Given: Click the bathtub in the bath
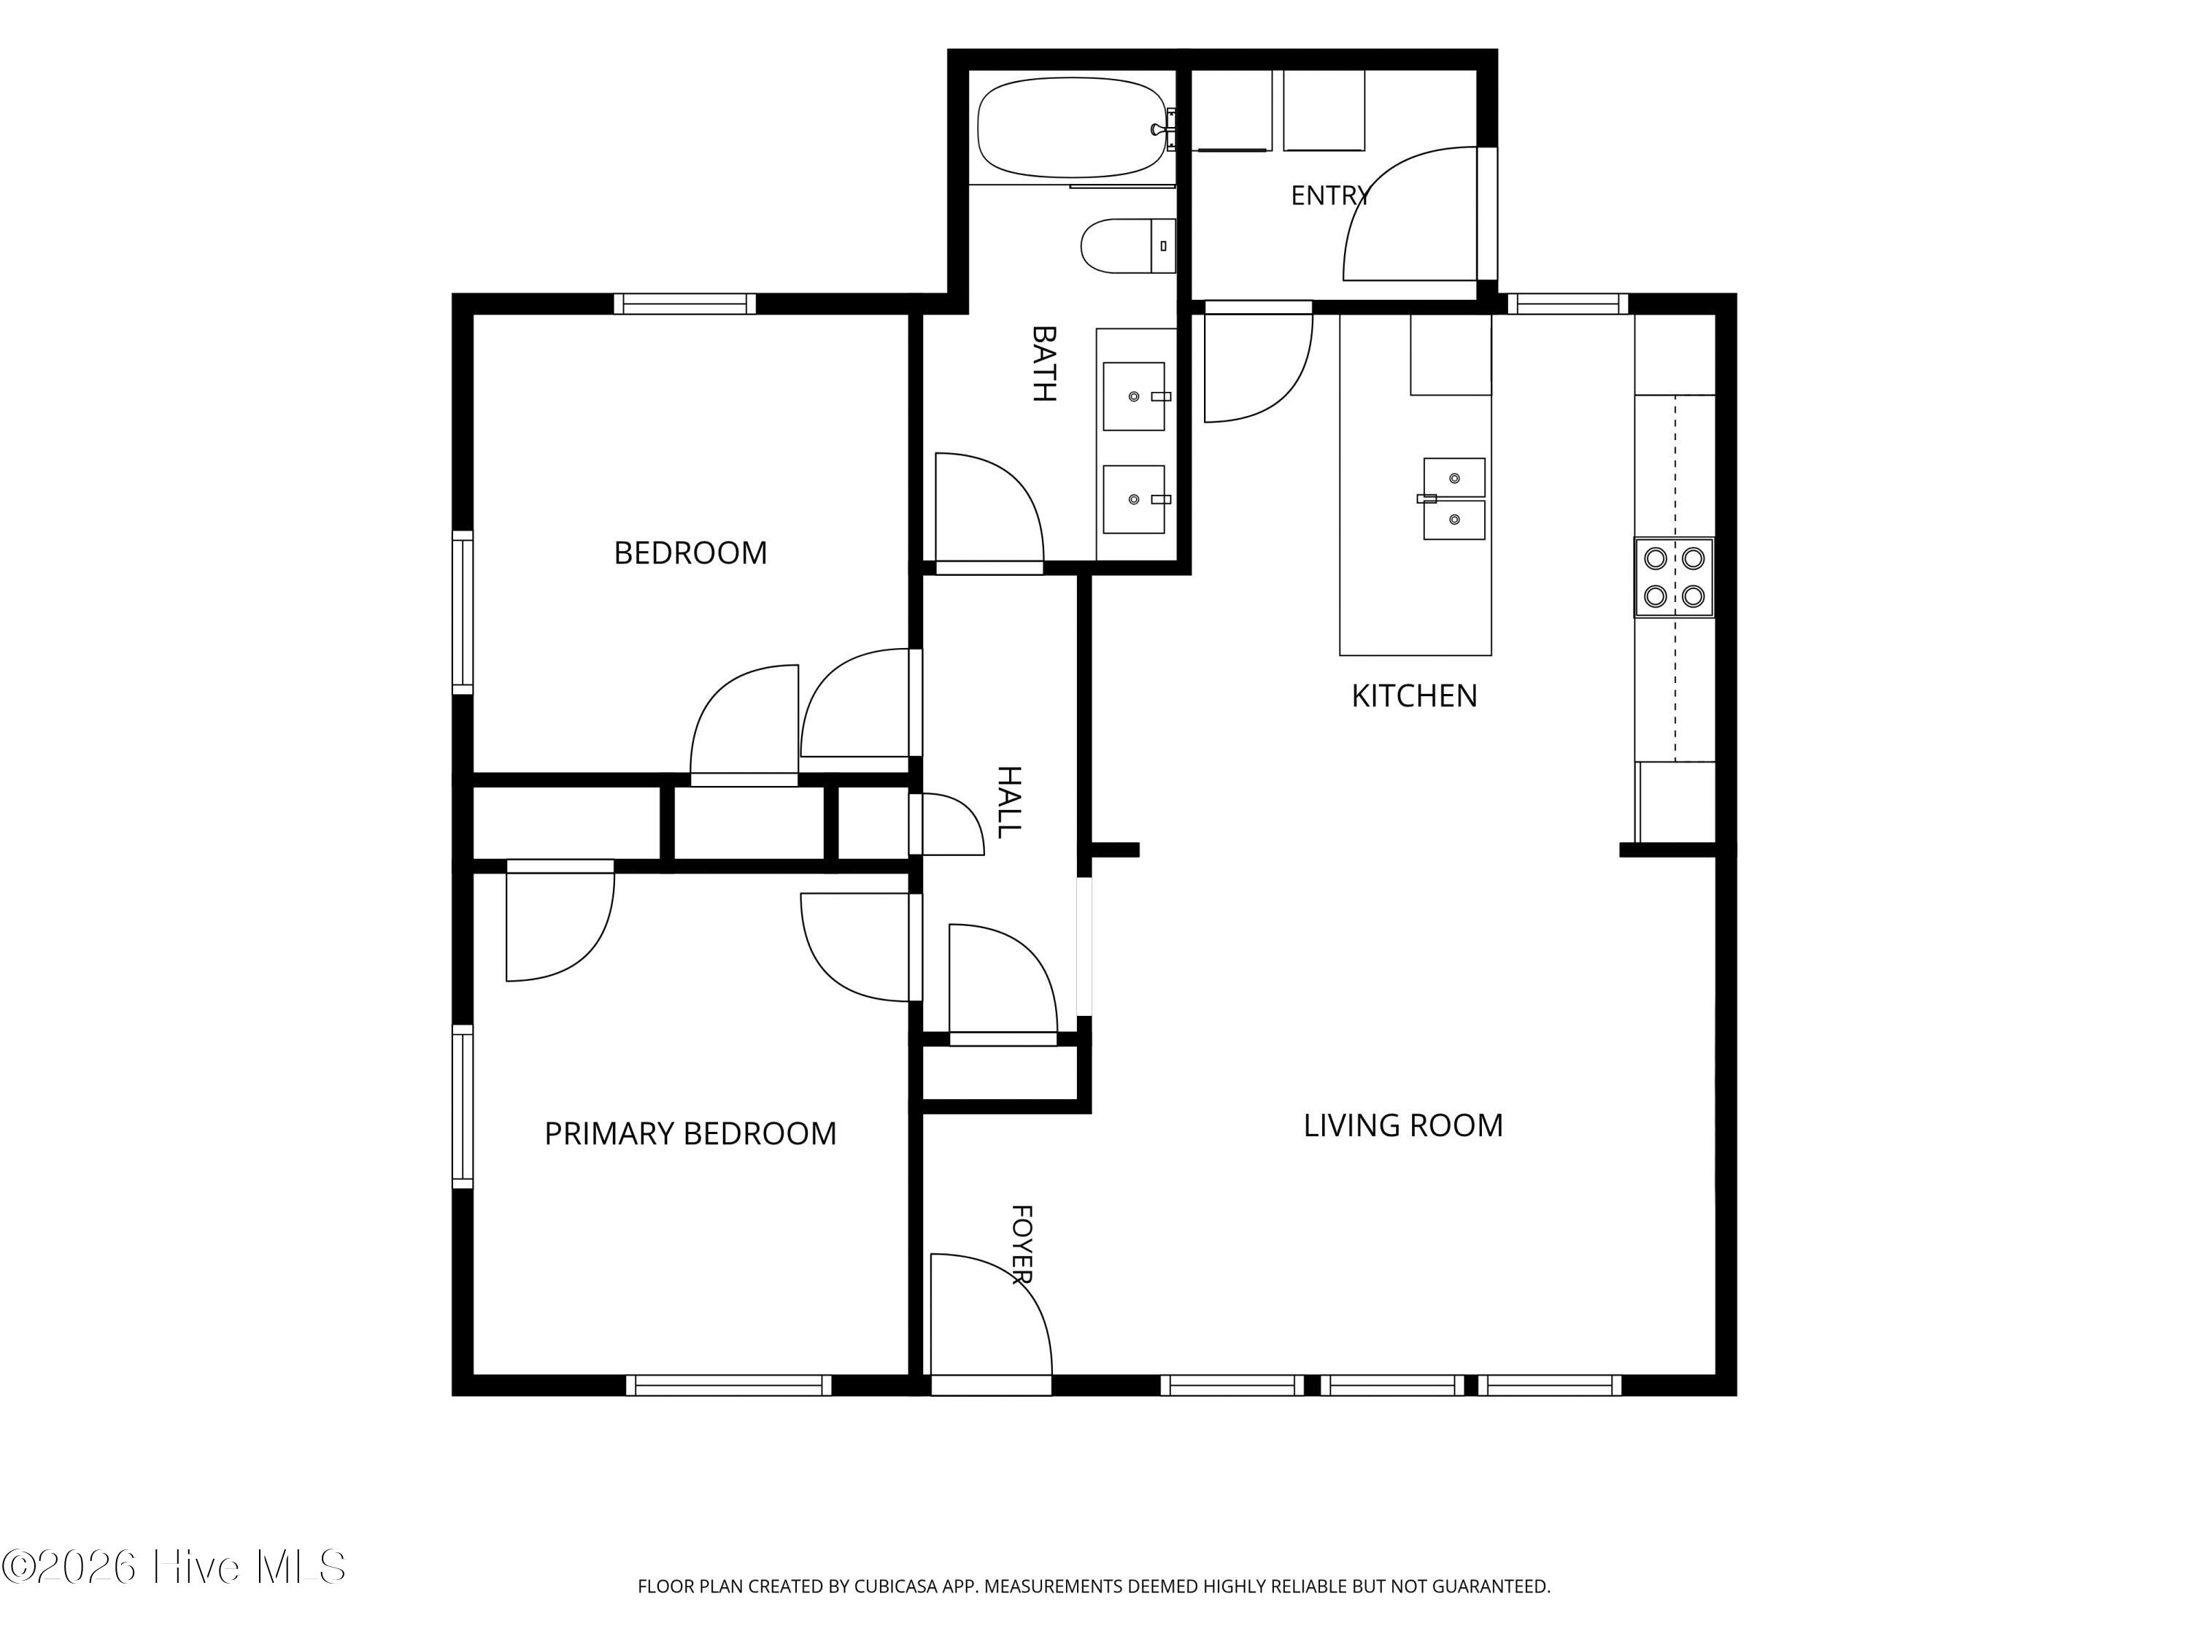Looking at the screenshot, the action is pyautogui.click(x=1072, y=127).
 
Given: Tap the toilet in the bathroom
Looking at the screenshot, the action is pyautogui.click(x=1127, y=245).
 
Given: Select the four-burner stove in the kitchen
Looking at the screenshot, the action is pyautogui.click(x=1673, y=577).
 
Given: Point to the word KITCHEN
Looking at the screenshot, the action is pyautogui.click(x=1414, y=695).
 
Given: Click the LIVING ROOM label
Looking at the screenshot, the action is pyautogui.click(x=1402, y=1125).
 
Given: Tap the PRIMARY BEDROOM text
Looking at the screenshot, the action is pyautogui.click(x=690, y=1133).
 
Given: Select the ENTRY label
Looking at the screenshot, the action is pyautogui.click(x=1330, y=195).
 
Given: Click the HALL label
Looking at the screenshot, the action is pyautogui.click(x=1008, y=802).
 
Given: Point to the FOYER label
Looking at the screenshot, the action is pyautogui.click(x=1022, y=1244).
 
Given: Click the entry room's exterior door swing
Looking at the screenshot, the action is pyautogui.click(x=1409, y=214).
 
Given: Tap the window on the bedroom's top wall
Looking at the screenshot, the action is pyautogui.click(x=685, y=304).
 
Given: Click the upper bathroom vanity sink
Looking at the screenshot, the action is pyautogui.click(x=1134, y=396).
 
